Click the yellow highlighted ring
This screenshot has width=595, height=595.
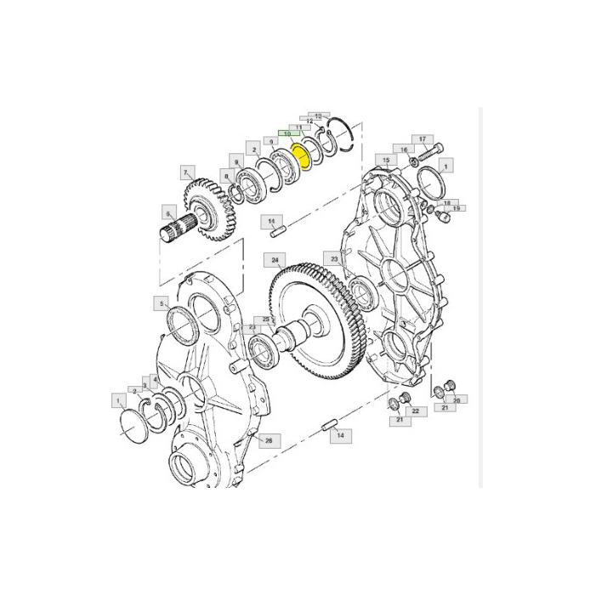tap(299, 156)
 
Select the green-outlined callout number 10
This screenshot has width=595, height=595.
tap(286, 134)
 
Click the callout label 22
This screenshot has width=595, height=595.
tap(416, 411)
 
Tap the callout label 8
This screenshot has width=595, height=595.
tap(225, 176)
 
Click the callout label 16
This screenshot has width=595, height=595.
tap(405, 150)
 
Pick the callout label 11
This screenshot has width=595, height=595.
tap(297, 127)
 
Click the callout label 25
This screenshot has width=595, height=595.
tap(266, 320)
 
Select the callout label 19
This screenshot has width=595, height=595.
tap(456, 208)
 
